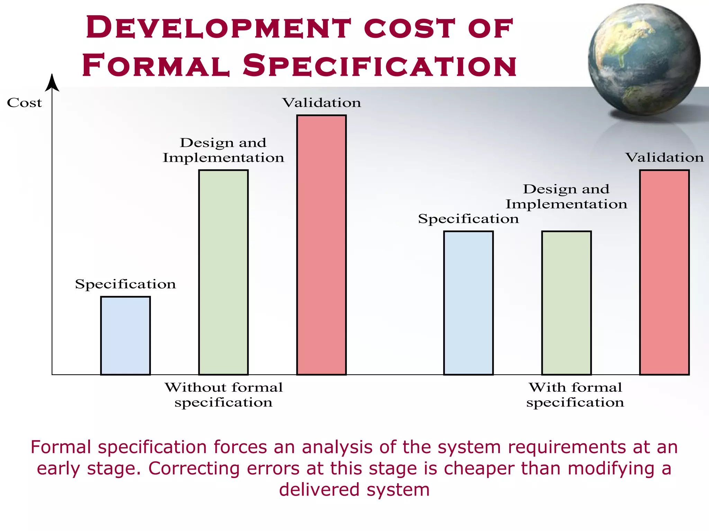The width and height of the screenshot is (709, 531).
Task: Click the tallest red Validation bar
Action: (321, 245)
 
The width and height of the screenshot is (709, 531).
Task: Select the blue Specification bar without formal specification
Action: (125, 335)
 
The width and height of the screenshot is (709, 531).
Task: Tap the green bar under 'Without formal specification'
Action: (223, 272)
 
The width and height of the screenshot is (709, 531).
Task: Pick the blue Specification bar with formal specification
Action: (468, 303)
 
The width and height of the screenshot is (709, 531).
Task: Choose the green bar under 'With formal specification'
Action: (566, 303)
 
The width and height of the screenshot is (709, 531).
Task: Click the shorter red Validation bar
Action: (664, 272)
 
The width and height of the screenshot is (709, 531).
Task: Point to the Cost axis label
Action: (24, 103)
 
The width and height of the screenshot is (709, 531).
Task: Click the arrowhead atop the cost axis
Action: (52, 83)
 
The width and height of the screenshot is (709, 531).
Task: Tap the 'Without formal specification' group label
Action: (224, 395)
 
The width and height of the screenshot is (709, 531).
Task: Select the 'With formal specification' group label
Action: (575, 395)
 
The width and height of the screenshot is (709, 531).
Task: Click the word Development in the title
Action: (218, 28)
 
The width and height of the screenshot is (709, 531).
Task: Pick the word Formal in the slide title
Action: (156, 65)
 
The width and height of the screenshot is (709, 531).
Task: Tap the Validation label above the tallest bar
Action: (321, 103)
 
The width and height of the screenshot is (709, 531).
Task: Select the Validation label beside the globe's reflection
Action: (664, 158)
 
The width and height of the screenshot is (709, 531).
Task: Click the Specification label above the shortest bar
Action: (125, 284)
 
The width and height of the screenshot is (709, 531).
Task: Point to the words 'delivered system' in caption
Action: (354, 489)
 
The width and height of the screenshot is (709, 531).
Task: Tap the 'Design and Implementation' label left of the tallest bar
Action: (223, 150)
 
